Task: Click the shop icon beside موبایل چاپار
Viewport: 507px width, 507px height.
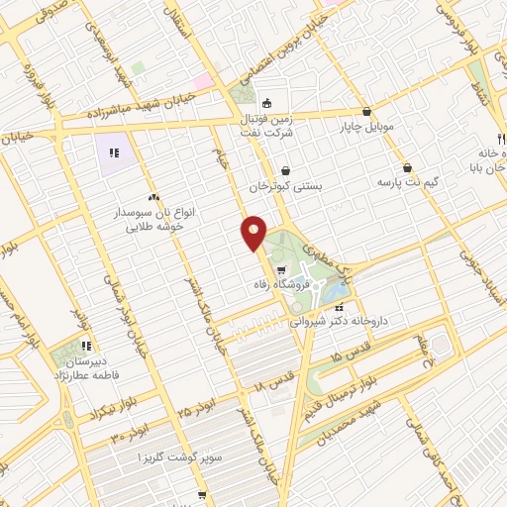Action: [x=367, y=112]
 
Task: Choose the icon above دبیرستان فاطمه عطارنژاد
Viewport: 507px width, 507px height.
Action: [x=86, y=346]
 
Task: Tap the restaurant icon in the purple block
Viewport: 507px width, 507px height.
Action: [x=114, y=153]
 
